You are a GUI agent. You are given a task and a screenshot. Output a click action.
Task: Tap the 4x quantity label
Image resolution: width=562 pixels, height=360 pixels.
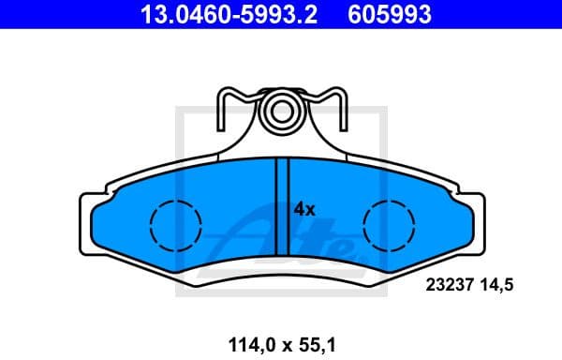click(x=304, y=209)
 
